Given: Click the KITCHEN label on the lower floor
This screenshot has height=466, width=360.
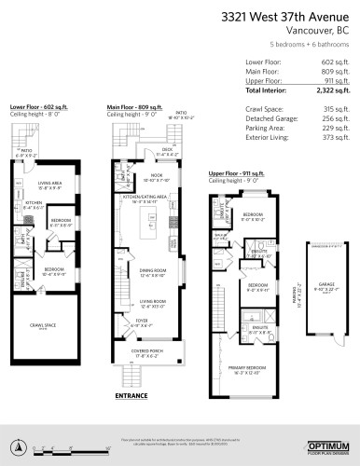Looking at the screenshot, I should (33, 202).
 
